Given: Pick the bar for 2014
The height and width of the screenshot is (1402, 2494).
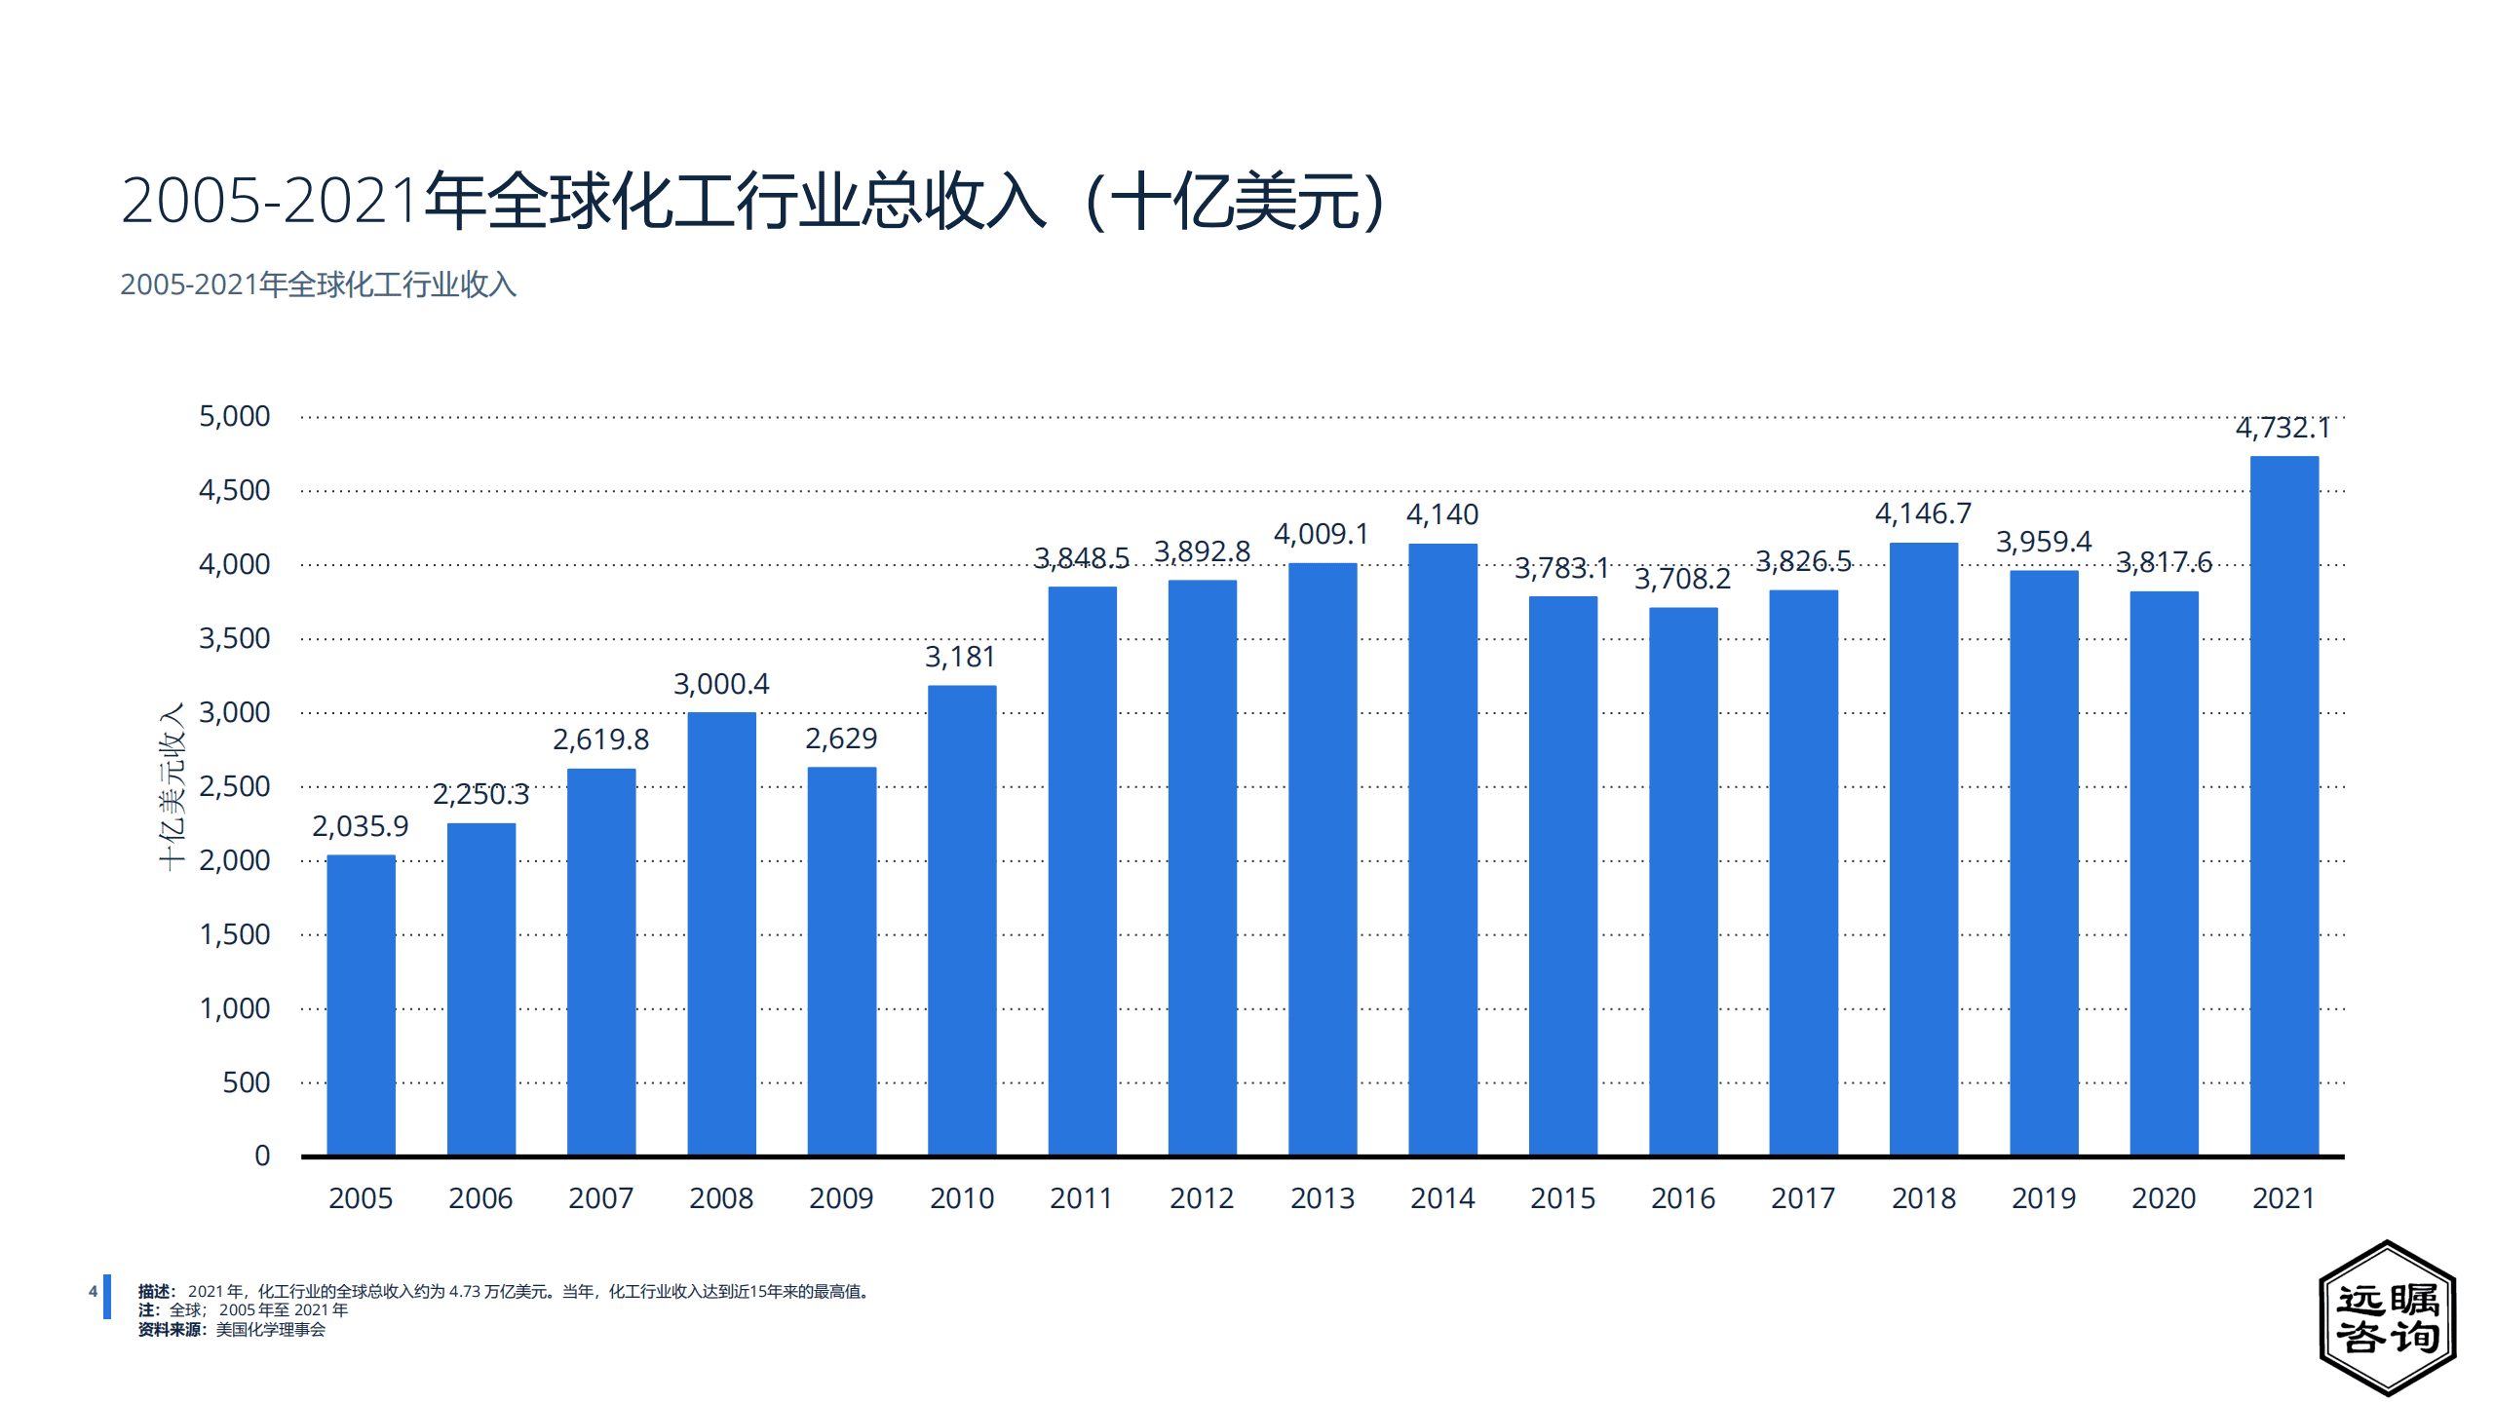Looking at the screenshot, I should tap(1442, 849).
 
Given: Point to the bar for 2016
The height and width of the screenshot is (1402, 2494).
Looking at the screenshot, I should tap(1683, 881).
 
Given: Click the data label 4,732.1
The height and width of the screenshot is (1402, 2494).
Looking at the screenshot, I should tap(2283, 428).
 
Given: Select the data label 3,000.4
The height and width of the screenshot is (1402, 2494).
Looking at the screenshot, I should tap(721, 684).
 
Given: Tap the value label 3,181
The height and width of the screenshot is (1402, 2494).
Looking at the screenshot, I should tap(960, 657).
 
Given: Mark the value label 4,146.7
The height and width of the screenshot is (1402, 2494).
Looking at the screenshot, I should tap(1923, 513).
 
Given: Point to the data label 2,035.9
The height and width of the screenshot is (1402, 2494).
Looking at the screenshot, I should tap(360, 826).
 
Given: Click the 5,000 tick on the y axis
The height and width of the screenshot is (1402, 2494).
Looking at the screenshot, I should tap(234, 417).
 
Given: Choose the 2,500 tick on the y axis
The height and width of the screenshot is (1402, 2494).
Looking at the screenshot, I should tap(234, 786).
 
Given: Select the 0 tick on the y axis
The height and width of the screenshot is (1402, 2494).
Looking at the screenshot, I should tap(262, 1156).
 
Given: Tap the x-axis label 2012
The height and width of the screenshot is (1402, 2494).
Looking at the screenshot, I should tap(1202, 1198).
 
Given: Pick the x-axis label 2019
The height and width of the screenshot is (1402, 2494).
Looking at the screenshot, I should tap(2044, 1198).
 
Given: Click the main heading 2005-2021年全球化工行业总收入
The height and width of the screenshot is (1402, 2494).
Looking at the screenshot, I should tap(750, 201).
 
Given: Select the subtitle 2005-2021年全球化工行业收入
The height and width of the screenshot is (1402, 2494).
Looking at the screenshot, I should tap(318, 284).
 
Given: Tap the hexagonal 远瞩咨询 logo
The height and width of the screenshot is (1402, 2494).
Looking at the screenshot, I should tap(2387, 1317).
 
